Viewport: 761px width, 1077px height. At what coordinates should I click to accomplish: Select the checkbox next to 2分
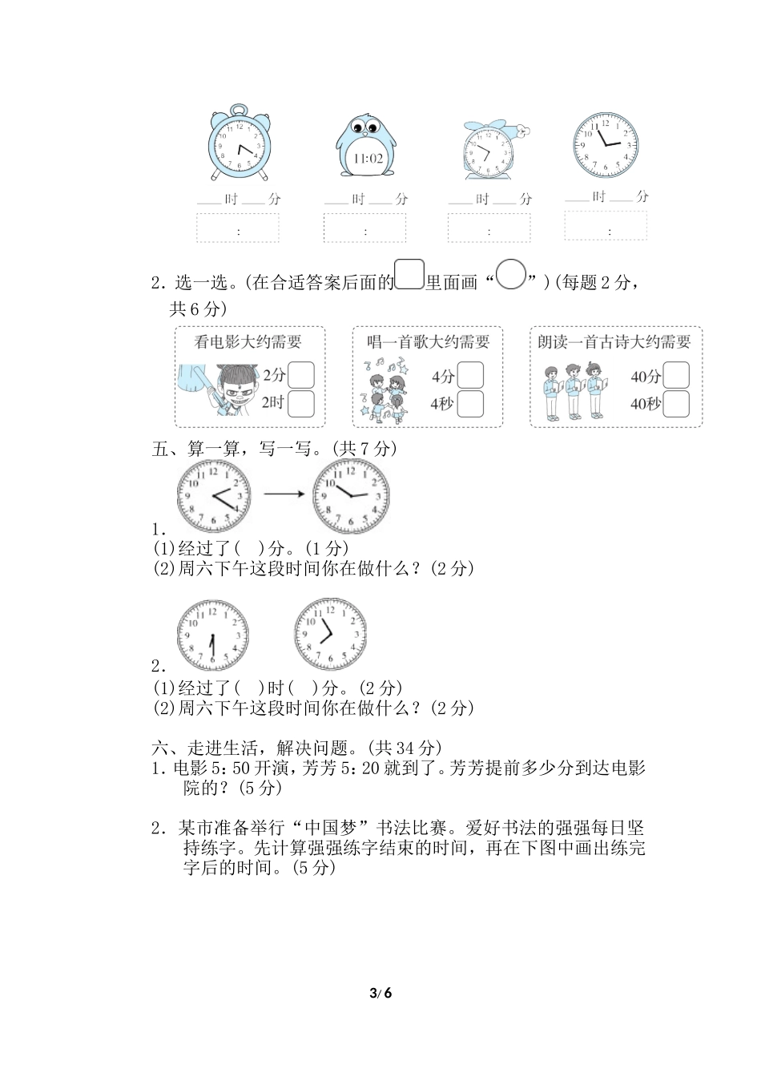[300, 375]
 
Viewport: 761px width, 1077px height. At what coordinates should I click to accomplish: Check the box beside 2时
[300, 403]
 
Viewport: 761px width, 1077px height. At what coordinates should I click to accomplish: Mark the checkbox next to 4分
[470, 375]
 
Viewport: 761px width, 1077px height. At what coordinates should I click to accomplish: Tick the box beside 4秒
[470, 403]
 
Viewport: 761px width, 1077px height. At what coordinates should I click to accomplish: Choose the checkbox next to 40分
[676, 375]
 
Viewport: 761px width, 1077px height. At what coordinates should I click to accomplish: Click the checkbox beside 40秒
[676, 404]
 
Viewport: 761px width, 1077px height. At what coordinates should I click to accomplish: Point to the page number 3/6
[380, 994]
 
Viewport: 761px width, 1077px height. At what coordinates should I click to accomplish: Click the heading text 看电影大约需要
[248, 342]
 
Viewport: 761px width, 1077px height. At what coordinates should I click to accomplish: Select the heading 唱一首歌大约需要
[428, 342]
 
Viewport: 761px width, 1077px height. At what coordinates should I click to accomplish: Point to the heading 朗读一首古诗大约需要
[614, 342]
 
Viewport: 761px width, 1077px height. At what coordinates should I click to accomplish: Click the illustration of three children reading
[573, 391]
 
